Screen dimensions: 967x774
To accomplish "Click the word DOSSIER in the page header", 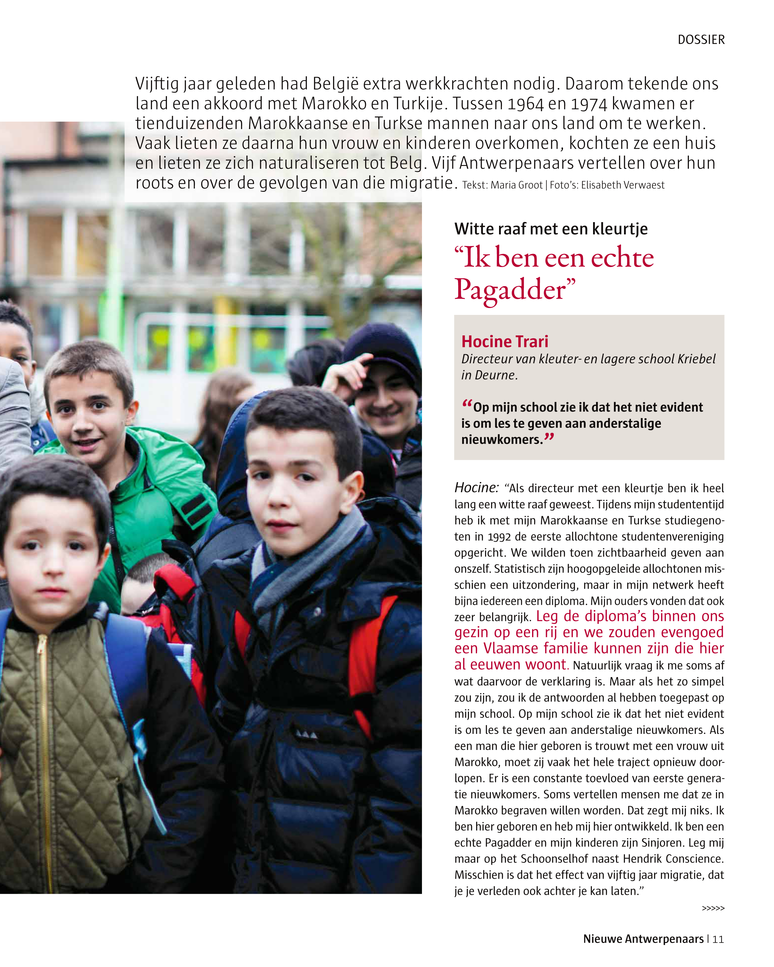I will (701, 40).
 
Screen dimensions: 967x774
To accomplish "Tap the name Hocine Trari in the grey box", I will (505, 341).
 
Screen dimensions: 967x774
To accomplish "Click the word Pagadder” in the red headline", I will (515, 290).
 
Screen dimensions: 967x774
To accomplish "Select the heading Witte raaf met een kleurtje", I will (551, 229).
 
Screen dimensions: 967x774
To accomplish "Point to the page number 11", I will (718, 939).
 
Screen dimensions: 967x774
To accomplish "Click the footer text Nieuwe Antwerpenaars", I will (643, 939).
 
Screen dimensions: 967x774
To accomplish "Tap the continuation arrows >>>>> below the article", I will (713, 908).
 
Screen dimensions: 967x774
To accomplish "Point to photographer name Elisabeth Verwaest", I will (623, 185).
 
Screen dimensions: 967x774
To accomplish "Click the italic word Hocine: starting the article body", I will (476, 488).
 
